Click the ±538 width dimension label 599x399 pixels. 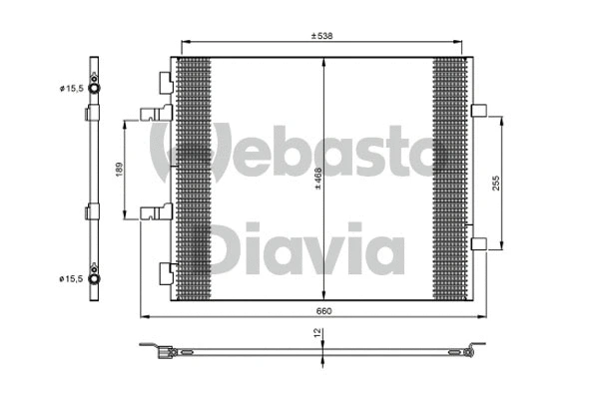tap(319, 36)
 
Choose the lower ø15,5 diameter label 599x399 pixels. tap(70, 278)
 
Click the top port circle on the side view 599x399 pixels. tap(94, 90)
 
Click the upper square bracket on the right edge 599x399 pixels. tap(477, 111)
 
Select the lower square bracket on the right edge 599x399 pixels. tap(477, 241)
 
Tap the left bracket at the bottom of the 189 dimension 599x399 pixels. tap(158, 211)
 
